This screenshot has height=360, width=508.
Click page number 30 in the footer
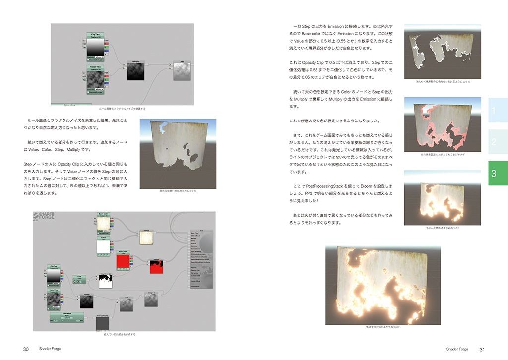click(26, 349)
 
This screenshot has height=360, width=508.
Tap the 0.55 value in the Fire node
click(77, 282)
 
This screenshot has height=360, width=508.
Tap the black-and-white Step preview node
click(106, 281)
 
